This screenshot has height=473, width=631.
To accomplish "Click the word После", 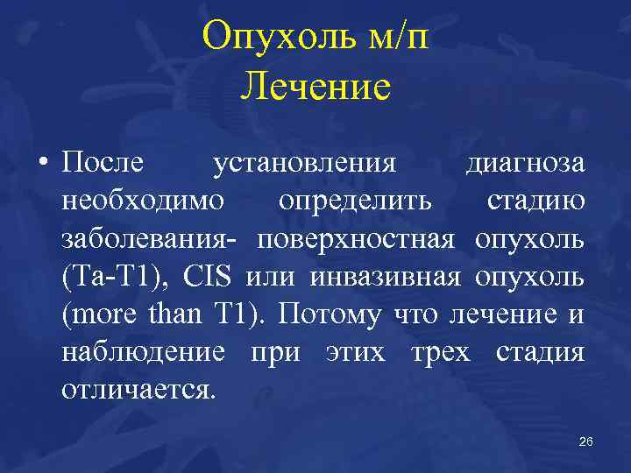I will click(105, 164).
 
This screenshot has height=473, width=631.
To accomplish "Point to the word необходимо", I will click(142, 201).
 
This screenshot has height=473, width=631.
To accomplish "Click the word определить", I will click(355, 201).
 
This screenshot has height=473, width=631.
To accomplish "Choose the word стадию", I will click(536, 201).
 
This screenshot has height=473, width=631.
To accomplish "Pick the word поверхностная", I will click(356, 239).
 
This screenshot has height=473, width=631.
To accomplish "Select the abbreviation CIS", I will click(208, 277).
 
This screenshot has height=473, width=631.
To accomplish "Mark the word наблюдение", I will click(143, 352).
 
